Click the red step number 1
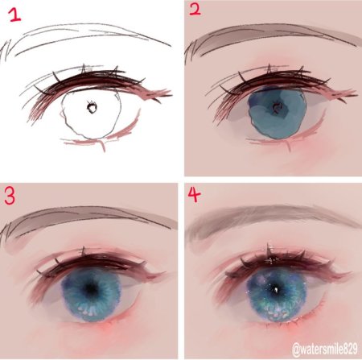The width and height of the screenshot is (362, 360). click(x=15, y=15)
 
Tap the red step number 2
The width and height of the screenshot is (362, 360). click(x=195, y=10)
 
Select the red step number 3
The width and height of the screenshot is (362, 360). click(x=10, y=197)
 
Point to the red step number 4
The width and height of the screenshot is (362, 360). click(x=194, y=194)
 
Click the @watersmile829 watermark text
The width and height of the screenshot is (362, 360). click(x=325, y=350)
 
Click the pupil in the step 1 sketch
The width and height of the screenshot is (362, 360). click(x=92, y=107)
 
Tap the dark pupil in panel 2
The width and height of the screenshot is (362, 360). click(x=276, y=108)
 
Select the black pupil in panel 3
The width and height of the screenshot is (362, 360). click(x=91, y=288)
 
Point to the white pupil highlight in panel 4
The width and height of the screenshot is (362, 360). click(x=276, y=290)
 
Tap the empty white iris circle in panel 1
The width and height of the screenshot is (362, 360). click(x=91, y=114)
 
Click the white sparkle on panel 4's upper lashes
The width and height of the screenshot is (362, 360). click(x=271, y=259)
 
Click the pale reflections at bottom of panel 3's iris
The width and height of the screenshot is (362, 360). click(x=89, y=311)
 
